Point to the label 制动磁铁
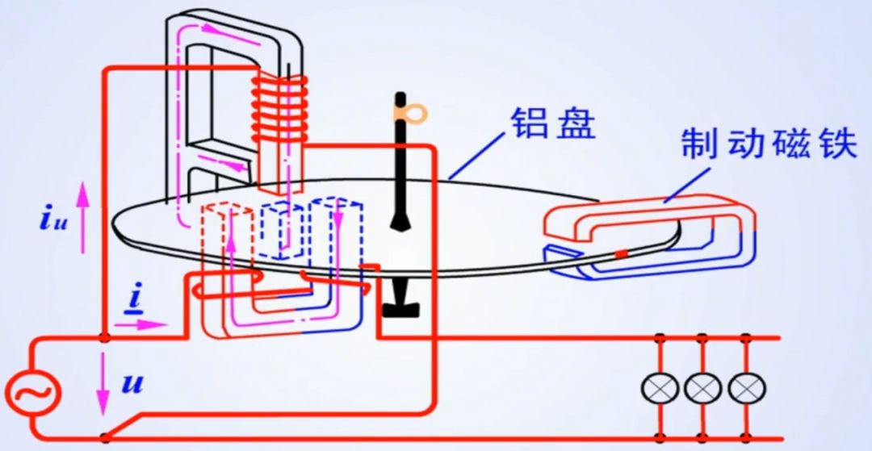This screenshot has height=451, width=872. pos(767,144)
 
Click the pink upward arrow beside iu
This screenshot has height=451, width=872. pos(81,217)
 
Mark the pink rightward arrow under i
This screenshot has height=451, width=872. pos(140,324)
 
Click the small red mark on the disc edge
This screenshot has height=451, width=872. pos(621,256)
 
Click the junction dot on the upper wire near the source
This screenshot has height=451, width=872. pos(104,336)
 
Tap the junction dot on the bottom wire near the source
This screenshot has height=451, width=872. pos(104,438)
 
